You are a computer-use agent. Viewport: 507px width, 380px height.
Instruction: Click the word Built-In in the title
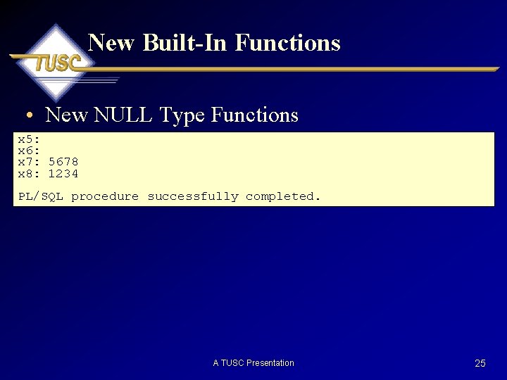(185, 43)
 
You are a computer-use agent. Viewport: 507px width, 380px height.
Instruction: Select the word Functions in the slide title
(287, 43)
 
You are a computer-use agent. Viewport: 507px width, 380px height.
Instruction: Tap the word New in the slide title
(111, 43)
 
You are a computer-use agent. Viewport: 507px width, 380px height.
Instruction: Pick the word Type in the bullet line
(182, 115)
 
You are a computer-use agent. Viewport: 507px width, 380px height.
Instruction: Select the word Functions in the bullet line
(254, 115)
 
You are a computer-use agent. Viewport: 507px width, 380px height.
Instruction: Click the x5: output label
(29, 139)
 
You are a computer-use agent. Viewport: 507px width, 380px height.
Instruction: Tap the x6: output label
(29, 151)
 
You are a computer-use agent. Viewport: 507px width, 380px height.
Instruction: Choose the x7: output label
(29, 162)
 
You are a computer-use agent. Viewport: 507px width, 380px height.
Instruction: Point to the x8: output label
(29, 174)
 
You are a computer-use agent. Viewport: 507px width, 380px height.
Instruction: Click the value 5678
(63, 162)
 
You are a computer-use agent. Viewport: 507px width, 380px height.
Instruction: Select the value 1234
(63, 174)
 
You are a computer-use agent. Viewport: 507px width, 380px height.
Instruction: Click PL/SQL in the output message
(40, 196)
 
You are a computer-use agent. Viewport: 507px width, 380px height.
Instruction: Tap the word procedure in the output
(105, 196)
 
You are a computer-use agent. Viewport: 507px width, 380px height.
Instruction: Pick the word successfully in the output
(192, 196)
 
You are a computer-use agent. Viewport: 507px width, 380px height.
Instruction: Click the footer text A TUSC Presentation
(254, 363)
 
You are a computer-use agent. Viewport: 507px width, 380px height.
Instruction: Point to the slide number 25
(480, 363)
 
